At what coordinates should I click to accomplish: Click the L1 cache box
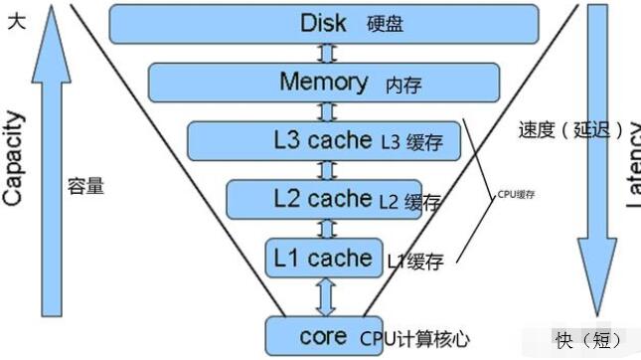[x=324, y=258]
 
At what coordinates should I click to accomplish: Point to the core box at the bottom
[x=324, y=336]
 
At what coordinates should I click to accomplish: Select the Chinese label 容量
[x=85, y=186]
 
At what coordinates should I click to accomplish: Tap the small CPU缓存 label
[x=516, y=194]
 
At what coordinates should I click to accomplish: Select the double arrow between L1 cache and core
[x=324, y=296]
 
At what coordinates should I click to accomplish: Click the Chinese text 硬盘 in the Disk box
[x=386, y=25]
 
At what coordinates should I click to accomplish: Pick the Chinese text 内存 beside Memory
[x=402, y=86]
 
